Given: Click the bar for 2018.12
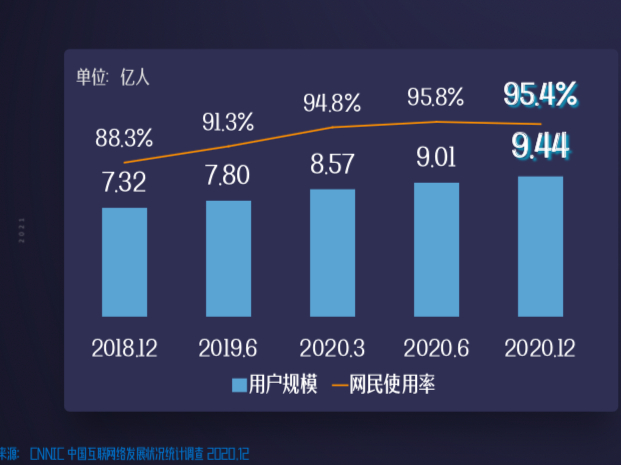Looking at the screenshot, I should (x=124, y=262).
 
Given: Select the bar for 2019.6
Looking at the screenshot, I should (x=228, y=259).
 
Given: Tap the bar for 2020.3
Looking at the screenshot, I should (x=332, y=253).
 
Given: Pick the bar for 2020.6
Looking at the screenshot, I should (x=436, y=250).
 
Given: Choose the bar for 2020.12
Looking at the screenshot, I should (x=540, y=247).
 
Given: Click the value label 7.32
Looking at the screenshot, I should (x=124, y=183).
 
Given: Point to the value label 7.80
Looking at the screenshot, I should (x=228, y=176).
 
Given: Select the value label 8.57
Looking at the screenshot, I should (x=332, y=164).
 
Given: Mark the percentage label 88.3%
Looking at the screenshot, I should (x=124, y=136).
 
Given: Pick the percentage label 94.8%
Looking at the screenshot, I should (x=332, y=102).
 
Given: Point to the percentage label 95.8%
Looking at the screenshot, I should (x=436, y=97).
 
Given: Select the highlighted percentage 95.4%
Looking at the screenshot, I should (x=540, y=95).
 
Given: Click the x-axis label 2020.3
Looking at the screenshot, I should (x=332, y=348).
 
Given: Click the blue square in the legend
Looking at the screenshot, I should (x=239, y=385).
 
